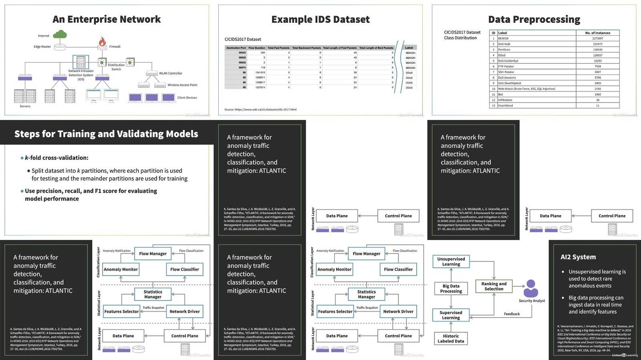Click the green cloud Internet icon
[60, 35]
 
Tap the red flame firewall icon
[102, 41]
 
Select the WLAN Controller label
[170, 73]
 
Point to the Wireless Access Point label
[182, 85]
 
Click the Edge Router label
[42, 46]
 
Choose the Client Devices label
[187, 98]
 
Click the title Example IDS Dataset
[320, 19]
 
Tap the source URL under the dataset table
[260, 109]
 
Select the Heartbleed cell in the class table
[506, 106]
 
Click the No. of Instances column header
[597, 33]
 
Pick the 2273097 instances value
[597, 38]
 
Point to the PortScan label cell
[504, 50]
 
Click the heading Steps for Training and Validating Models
[106, 134]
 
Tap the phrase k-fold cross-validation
[56, 158]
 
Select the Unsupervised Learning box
[451, 261]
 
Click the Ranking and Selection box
[494, 286]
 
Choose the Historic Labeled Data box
[451, 339]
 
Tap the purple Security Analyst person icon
[531, 288]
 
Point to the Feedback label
[512, 314]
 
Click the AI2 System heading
[578, 257]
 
